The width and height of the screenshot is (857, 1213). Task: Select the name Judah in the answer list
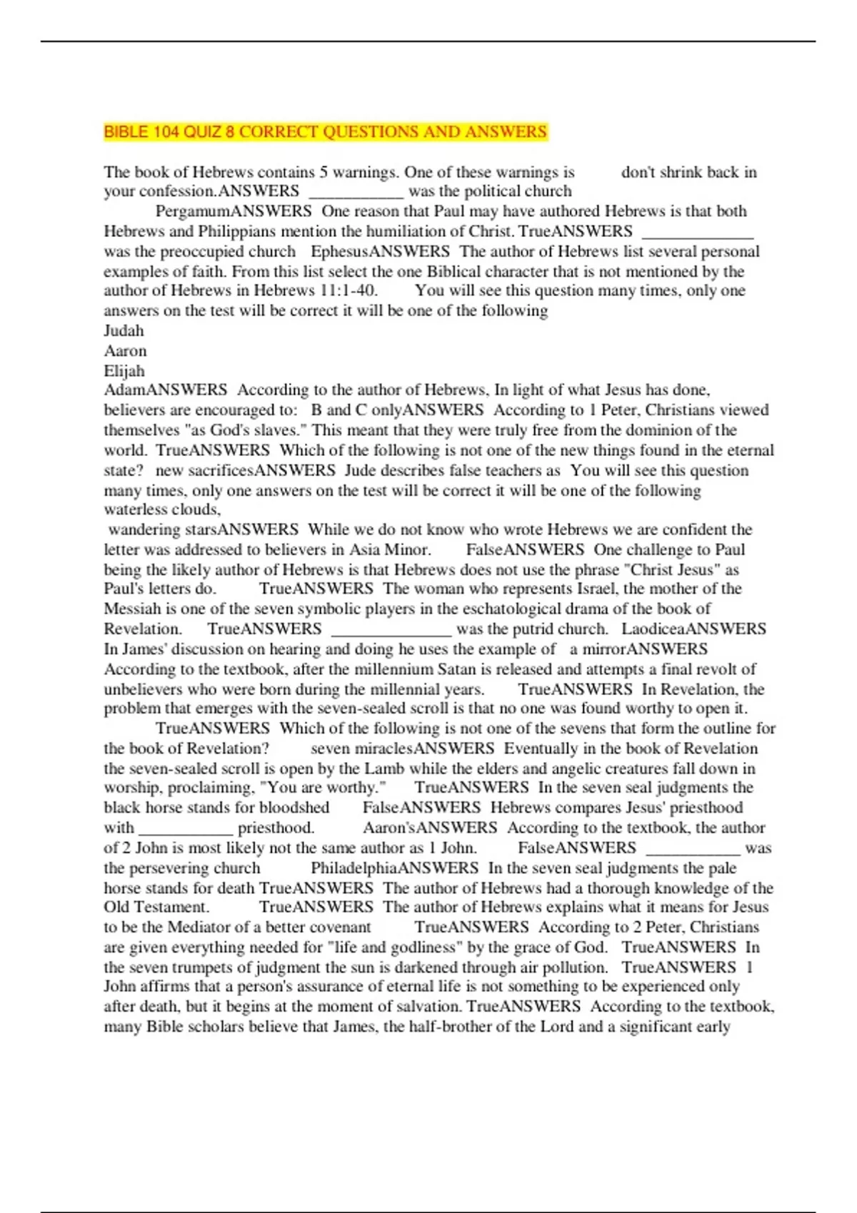coord(124,331)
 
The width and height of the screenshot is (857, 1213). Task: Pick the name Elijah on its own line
coord(124,371)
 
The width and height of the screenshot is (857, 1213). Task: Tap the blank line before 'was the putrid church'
coord(391,630)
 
